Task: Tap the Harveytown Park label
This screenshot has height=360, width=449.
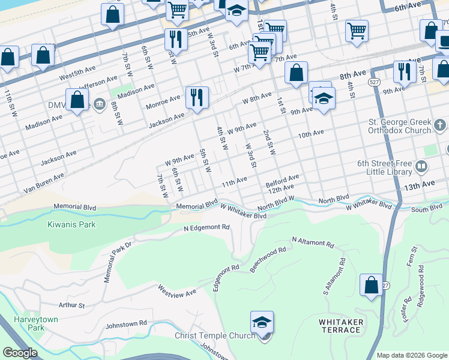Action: click(36, 323)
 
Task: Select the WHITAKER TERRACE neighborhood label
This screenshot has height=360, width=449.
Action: click(341, 327)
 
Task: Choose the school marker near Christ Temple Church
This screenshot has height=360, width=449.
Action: click(262, 324)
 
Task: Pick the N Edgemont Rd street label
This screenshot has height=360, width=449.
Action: click(207, 229)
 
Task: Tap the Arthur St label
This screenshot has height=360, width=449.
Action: click(71, 305)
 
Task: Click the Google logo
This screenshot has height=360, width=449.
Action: click(20, 353)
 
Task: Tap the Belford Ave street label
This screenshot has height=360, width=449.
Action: click(283, 178)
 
